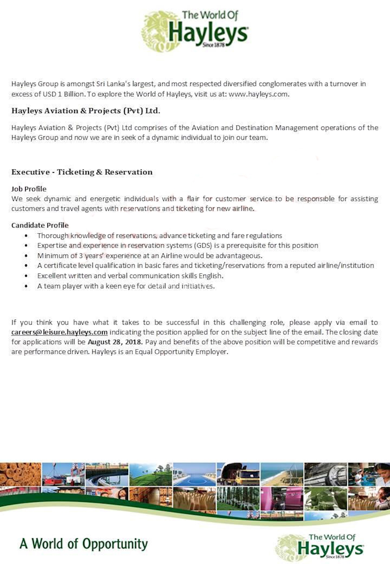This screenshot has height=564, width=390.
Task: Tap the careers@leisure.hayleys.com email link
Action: [59, 332]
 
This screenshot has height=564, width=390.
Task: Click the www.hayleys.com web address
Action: [258, 94]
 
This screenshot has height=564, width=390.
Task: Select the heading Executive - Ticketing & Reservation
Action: [82, 172]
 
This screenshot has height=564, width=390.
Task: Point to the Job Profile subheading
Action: [29, 189]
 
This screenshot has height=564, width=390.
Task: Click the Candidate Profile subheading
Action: [40, 225]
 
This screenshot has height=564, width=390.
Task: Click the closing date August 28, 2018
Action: [115, 342]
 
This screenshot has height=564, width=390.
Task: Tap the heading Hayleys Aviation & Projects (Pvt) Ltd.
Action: [86, 111]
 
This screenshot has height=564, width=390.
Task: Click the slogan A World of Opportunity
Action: [84, 544]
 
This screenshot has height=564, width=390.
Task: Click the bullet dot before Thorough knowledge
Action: [26, 236]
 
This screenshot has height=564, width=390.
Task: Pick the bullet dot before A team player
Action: [26, 286]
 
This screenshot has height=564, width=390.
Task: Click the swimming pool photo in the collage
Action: [194, 475]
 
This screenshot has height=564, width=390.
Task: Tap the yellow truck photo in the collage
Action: [238, 475]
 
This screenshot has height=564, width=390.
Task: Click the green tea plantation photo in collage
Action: [150, 475]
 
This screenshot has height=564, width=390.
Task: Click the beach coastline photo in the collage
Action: [282, 475]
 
